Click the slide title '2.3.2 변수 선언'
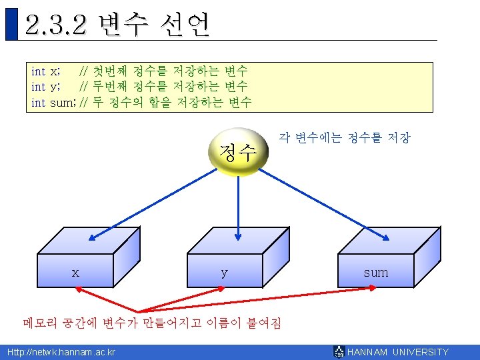click(117, 25)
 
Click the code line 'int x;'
click(47, 71)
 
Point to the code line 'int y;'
click(47, 87)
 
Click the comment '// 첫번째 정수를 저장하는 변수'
click(163, 71)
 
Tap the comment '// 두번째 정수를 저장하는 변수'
click(163, 87)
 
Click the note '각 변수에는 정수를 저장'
click(344, 138)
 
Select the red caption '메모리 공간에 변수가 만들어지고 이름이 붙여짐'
click(152, 323)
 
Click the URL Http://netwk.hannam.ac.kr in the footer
click(61, 352)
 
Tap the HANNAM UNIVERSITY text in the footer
click(398, 352)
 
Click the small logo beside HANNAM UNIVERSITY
click(339, 352)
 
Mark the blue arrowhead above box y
click(238, 234)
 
